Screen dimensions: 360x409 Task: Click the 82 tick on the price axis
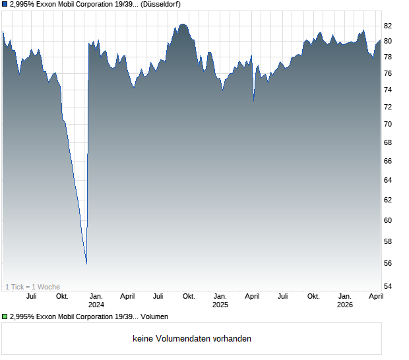[x=389, y=26]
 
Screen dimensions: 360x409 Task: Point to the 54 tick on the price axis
[x=389, y=286]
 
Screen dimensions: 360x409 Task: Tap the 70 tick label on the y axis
[x=389, y=124]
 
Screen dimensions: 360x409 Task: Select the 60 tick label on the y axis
[x=389, y=220]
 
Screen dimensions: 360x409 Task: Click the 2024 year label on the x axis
[x=96, y=305]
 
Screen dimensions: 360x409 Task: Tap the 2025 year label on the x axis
[x=220, y=305]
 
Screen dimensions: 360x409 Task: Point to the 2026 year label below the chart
[x=344, y=305]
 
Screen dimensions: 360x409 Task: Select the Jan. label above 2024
[x=96, y=296]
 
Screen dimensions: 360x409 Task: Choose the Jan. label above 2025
[x=220, y=296]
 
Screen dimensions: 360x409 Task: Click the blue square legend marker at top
[x=4, y=4]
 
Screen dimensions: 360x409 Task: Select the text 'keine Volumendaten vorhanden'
[x=192, y=339]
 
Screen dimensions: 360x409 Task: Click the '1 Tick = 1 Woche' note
[x=32, y=287]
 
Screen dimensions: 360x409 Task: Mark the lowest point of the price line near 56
[x=86, y=264]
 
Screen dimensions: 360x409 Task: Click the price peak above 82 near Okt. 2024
[x=183, y=24]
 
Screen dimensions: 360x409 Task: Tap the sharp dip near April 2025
[x=254, y=101]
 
